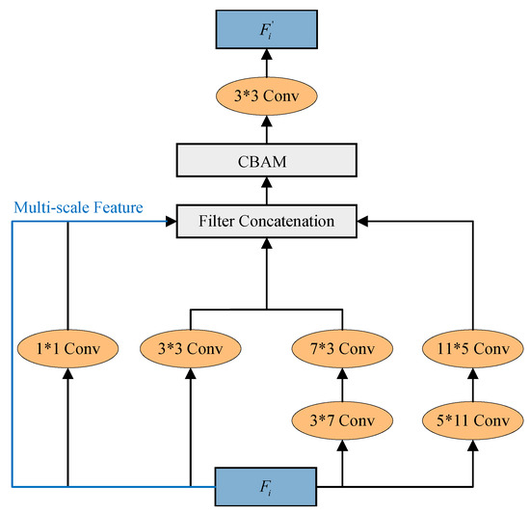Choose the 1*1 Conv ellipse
[x=68, y=345]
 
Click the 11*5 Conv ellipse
[x=473, y=345]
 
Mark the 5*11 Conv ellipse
[x=473, y=420]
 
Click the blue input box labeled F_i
[x=263, y=486]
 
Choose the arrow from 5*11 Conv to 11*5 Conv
[x=473, y=383]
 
